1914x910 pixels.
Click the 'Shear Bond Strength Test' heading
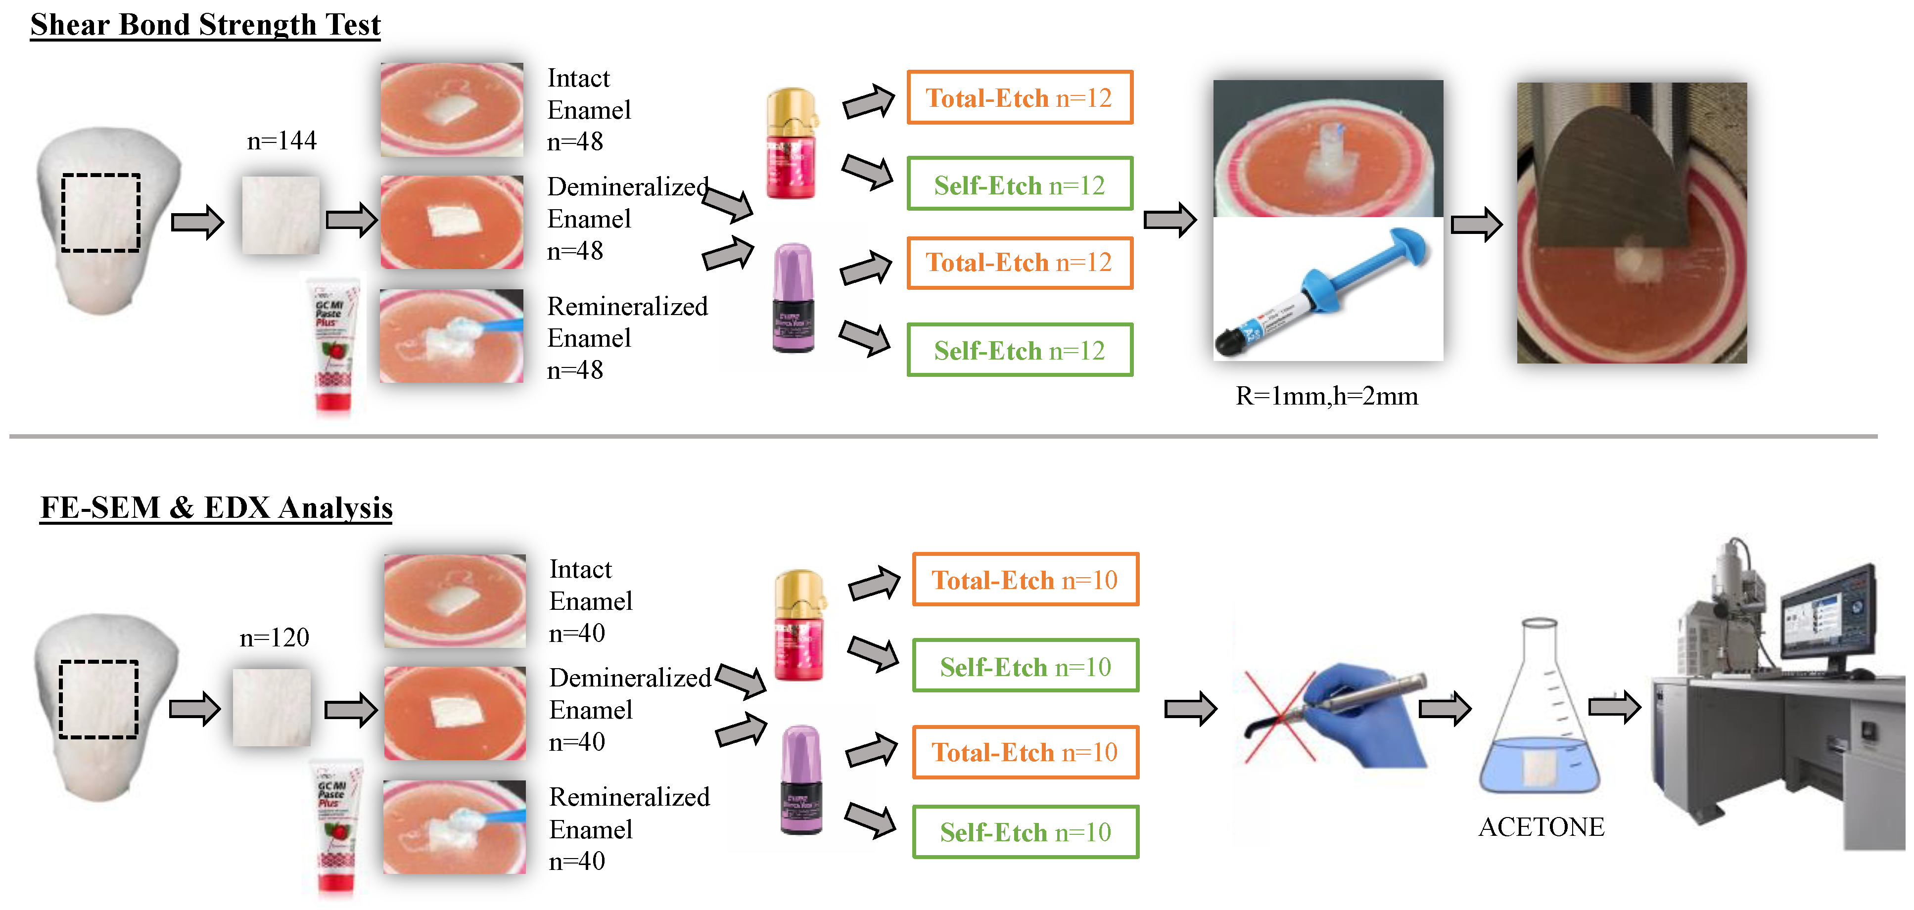pos(205,25)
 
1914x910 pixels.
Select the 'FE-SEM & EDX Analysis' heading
pos(216,507)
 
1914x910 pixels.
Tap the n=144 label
pos(281,140)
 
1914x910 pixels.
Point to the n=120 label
pos(274,637)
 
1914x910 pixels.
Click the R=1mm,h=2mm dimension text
pos(1326,396)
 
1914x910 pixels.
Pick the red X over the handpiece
pos(1279,717)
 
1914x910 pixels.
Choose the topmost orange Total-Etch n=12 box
pos(1020,98)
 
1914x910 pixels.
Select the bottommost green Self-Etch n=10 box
pos(1026,832)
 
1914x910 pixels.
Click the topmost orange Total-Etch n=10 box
pos(1026,580)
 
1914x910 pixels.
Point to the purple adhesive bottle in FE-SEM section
pos(801,780)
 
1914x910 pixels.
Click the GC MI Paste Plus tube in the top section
pos(333,345)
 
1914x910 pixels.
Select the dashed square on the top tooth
pos(101,213)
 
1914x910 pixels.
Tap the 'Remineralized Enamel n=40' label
pos(629,828)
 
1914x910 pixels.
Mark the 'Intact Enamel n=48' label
pos(589,110)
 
